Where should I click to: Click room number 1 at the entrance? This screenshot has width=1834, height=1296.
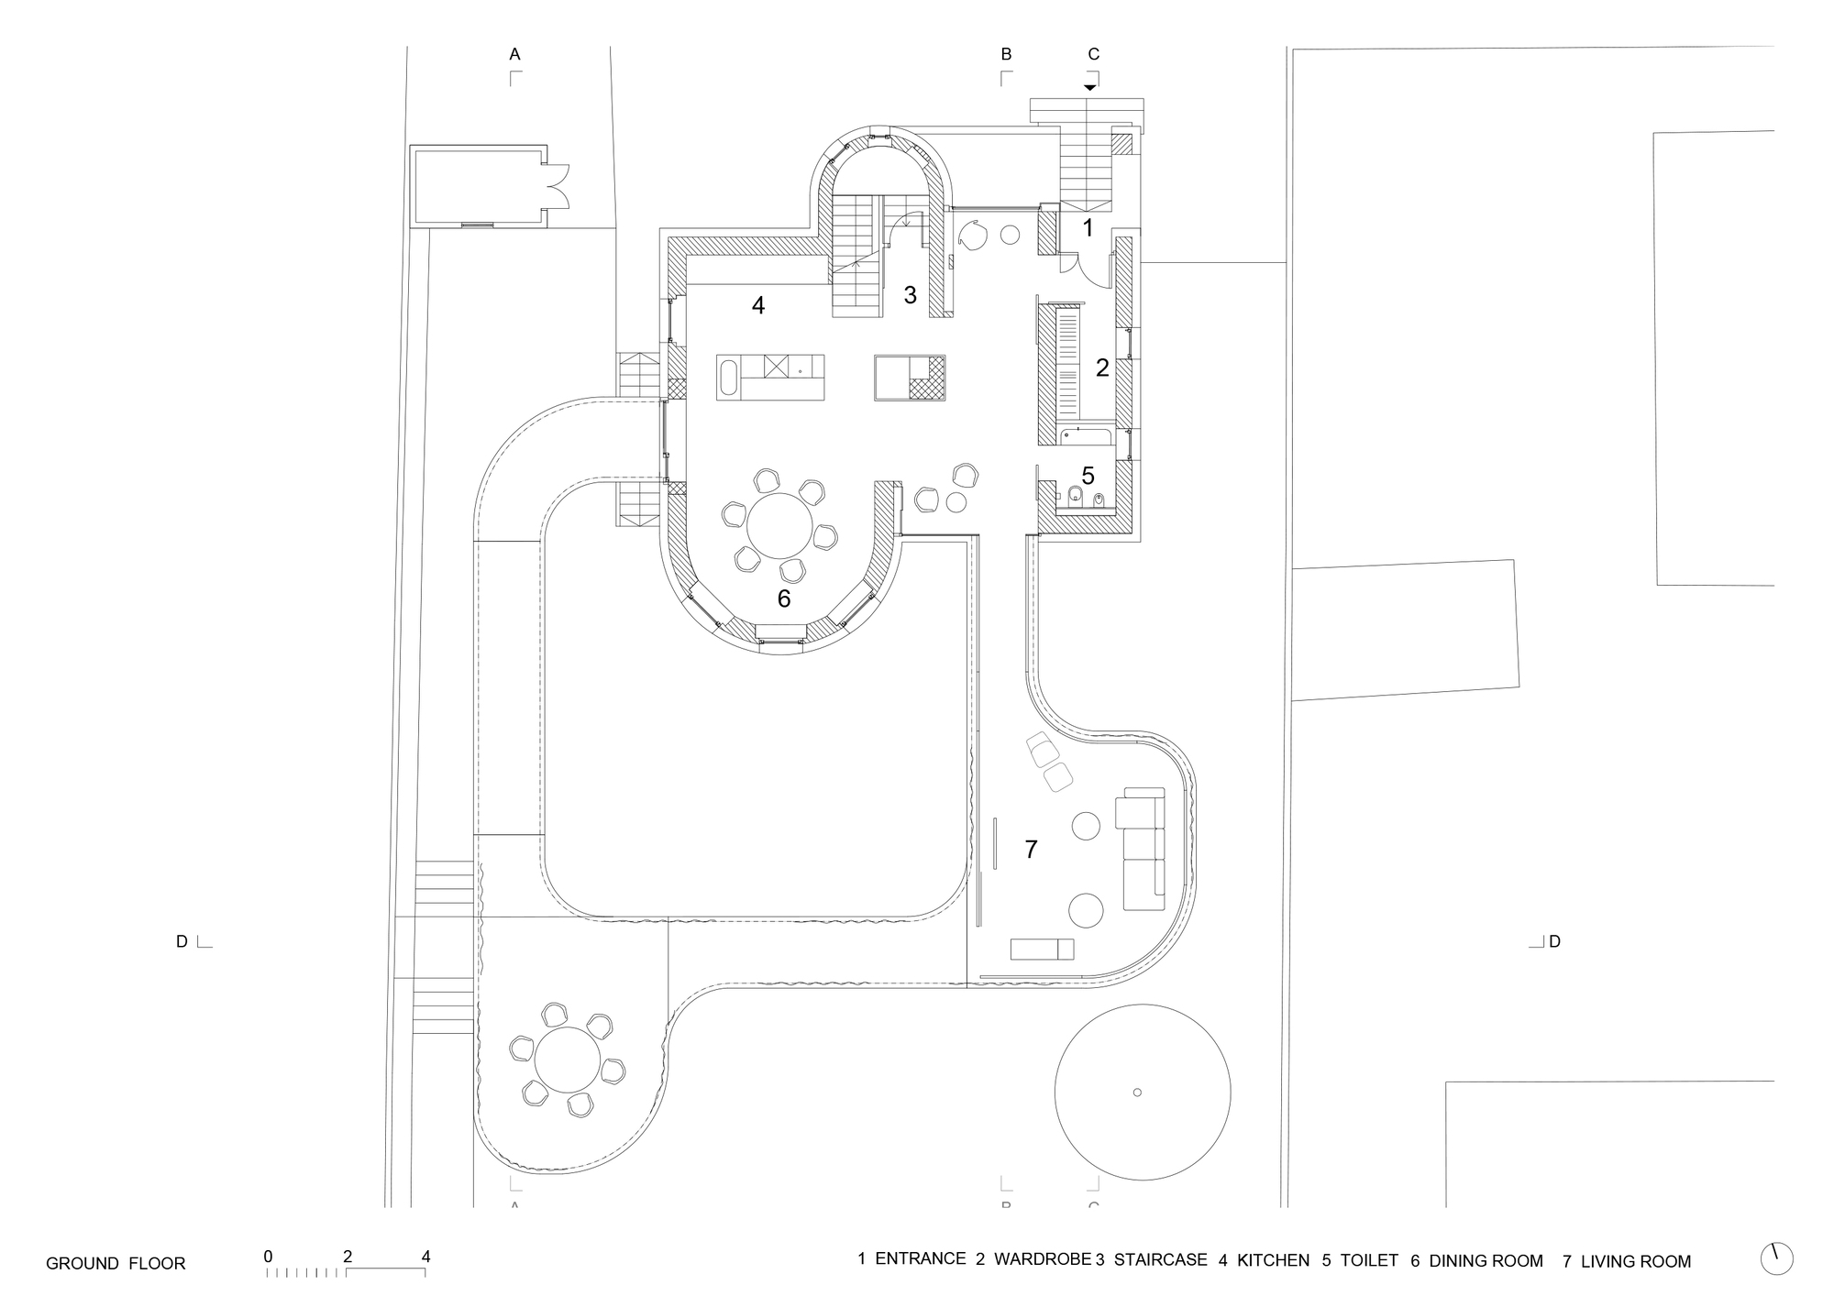[1088, 228]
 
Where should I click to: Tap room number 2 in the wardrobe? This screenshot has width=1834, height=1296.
[1102, 368]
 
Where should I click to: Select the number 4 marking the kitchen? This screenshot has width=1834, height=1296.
[758, 306]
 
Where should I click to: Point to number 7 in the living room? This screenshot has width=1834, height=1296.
[1031, 850]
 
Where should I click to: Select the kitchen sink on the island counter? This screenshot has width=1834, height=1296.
[728, 378]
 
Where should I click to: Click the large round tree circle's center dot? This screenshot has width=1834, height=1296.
[1137, 1092]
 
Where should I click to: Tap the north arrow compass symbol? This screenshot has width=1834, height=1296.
[1777, 1258]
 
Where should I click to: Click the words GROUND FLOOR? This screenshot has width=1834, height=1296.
[116, 1264]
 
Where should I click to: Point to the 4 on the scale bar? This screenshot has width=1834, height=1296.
[425, 1257]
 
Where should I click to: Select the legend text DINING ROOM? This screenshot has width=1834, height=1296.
[1486, 1261]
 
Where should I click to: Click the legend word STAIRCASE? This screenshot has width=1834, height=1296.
[1160, 1260]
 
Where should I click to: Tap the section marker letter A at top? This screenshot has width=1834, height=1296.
[514, 55]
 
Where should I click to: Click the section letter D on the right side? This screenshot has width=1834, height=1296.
[1554, 941]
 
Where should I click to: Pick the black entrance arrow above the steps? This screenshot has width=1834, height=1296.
[1088, 88]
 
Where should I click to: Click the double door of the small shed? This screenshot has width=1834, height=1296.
[558, 188]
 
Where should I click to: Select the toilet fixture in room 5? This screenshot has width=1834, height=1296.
[1077, 495]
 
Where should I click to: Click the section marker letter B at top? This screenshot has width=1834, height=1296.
[1006, 55]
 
